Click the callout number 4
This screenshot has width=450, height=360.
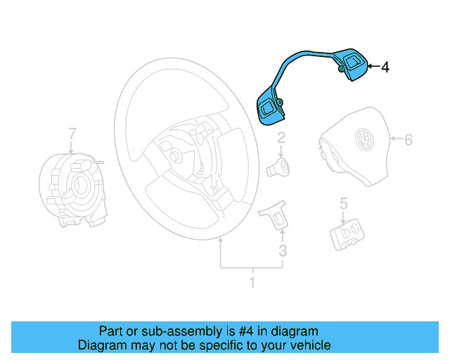tap(385, 67)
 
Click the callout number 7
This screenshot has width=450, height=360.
tap(71, 133)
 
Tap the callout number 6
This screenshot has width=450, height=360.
tap(408, 139)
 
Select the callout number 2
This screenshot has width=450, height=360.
tap(281, 138)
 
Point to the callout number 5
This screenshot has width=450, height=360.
tap(344, 204)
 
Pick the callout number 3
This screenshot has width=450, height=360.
tap(282, 251)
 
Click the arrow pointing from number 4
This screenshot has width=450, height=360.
tap(373, 67)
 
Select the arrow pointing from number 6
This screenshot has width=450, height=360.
tap(395, 139)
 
